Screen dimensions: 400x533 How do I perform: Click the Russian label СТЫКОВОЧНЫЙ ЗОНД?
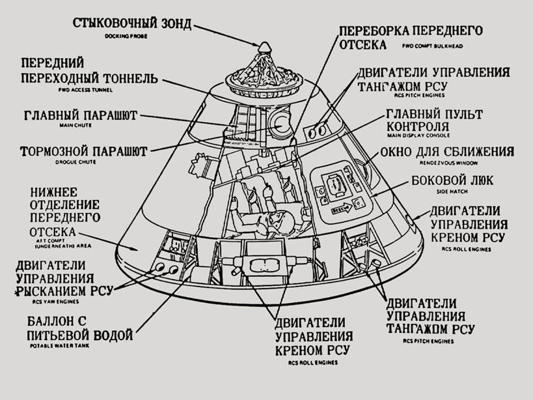(131, 24)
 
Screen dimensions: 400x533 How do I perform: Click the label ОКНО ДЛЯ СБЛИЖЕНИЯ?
(446, 152)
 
